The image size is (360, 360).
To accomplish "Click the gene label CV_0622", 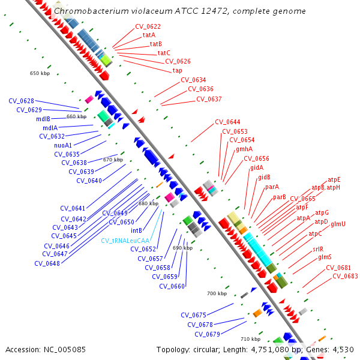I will coord(148,26).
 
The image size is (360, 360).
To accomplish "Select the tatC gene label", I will coord(164,53).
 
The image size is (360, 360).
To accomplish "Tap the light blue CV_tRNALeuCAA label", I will coord(125,241).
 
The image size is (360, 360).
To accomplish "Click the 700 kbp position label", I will coord(217,293).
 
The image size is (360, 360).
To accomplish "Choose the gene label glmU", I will coord(338,224).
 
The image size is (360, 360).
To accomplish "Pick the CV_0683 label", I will coord(345,276).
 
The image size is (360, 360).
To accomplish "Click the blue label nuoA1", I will coord(63,145).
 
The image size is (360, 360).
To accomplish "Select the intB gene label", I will coord(136,230).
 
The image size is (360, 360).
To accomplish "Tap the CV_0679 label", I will coord(207,334).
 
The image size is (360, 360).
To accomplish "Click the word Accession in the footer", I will coord(23,349).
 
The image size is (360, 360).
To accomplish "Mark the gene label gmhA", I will coord(244,149).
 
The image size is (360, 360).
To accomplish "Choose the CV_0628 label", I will coord(21,101).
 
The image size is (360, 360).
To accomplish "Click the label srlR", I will coord(317,249).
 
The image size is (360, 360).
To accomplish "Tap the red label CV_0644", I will coord(227,122).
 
